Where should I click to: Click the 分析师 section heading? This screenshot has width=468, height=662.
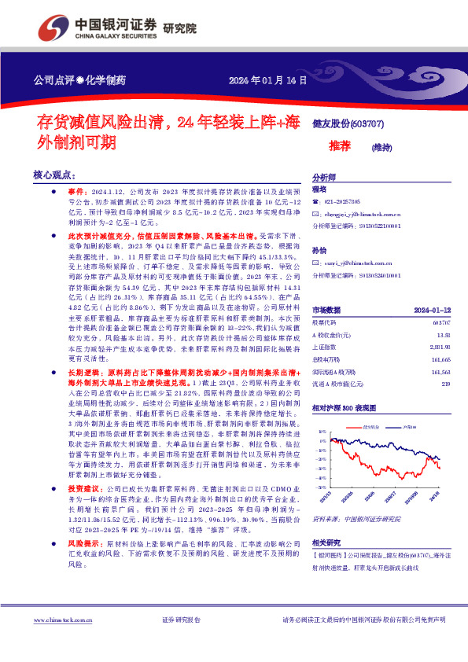click(324, 178)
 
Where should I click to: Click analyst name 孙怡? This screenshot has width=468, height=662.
click(319, 250)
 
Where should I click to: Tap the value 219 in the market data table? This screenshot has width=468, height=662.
click(445, 383)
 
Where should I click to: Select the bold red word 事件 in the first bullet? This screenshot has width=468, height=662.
click(76, 191)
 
